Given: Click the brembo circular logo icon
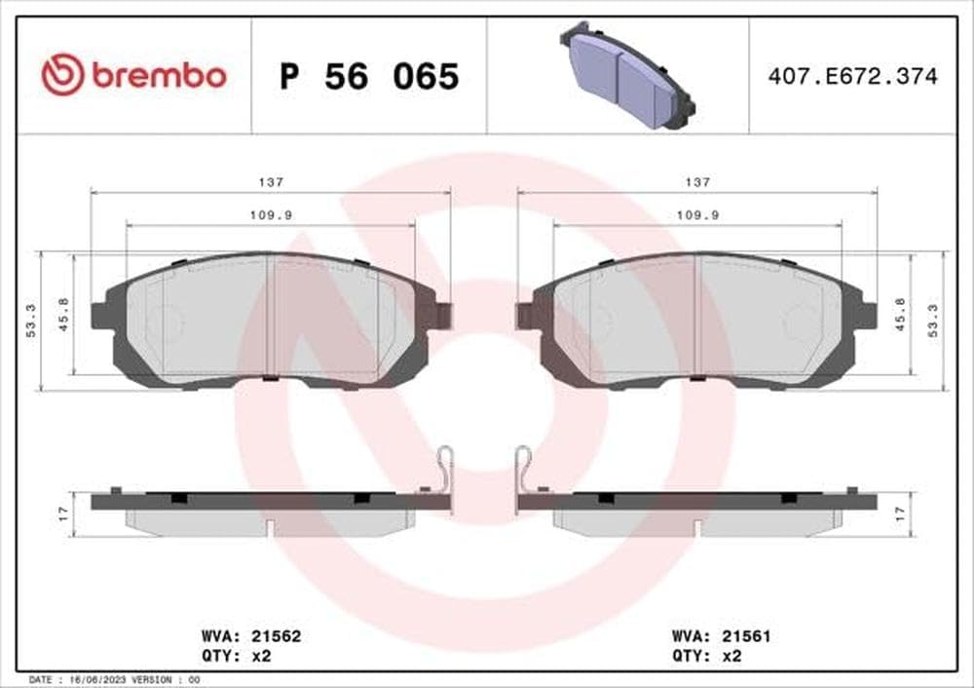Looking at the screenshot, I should (x=63, y=75).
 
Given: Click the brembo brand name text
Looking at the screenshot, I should (x=159, y=75).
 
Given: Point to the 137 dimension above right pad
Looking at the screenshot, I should (x=697, y=182).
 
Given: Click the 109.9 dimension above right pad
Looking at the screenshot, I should (x=697, y=216).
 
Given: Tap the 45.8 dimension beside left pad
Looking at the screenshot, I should (x=64, y=315).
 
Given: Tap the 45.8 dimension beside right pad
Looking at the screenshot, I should (x=901, y=315).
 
